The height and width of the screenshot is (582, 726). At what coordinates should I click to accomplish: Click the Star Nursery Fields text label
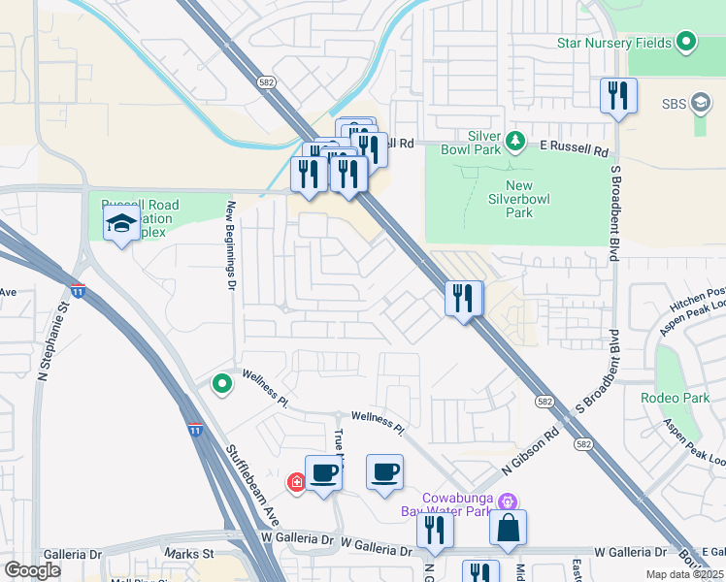[615, 43]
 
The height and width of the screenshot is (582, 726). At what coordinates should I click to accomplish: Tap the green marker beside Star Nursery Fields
[687, 42]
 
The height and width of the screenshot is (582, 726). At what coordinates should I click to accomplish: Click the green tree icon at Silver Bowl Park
[516, 142]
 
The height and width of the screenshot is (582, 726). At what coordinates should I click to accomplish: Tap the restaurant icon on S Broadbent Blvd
[618, 96]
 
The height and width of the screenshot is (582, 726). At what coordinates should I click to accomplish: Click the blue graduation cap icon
[121, 225]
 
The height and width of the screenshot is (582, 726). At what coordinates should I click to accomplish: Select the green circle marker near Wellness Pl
[222, 384]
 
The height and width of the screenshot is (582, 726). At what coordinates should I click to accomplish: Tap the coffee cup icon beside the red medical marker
[323, 474]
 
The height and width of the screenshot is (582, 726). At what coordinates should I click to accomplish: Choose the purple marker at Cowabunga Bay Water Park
[505, 501]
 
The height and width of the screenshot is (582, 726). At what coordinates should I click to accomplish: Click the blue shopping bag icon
[508, 529]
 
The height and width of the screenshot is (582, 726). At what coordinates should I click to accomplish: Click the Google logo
[32, 570]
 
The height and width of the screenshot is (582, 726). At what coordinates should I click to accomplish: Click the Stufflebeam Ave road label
[254, 483]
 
